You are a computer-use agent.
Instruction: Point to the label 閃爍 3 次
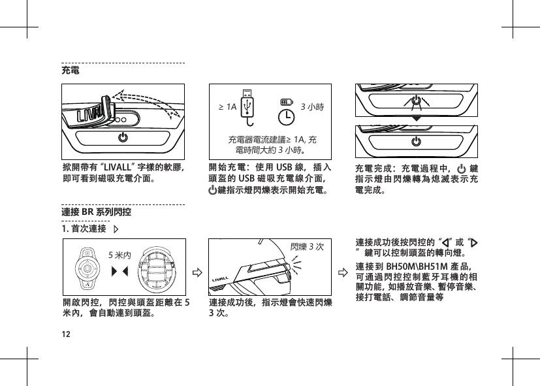point(310,246)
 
